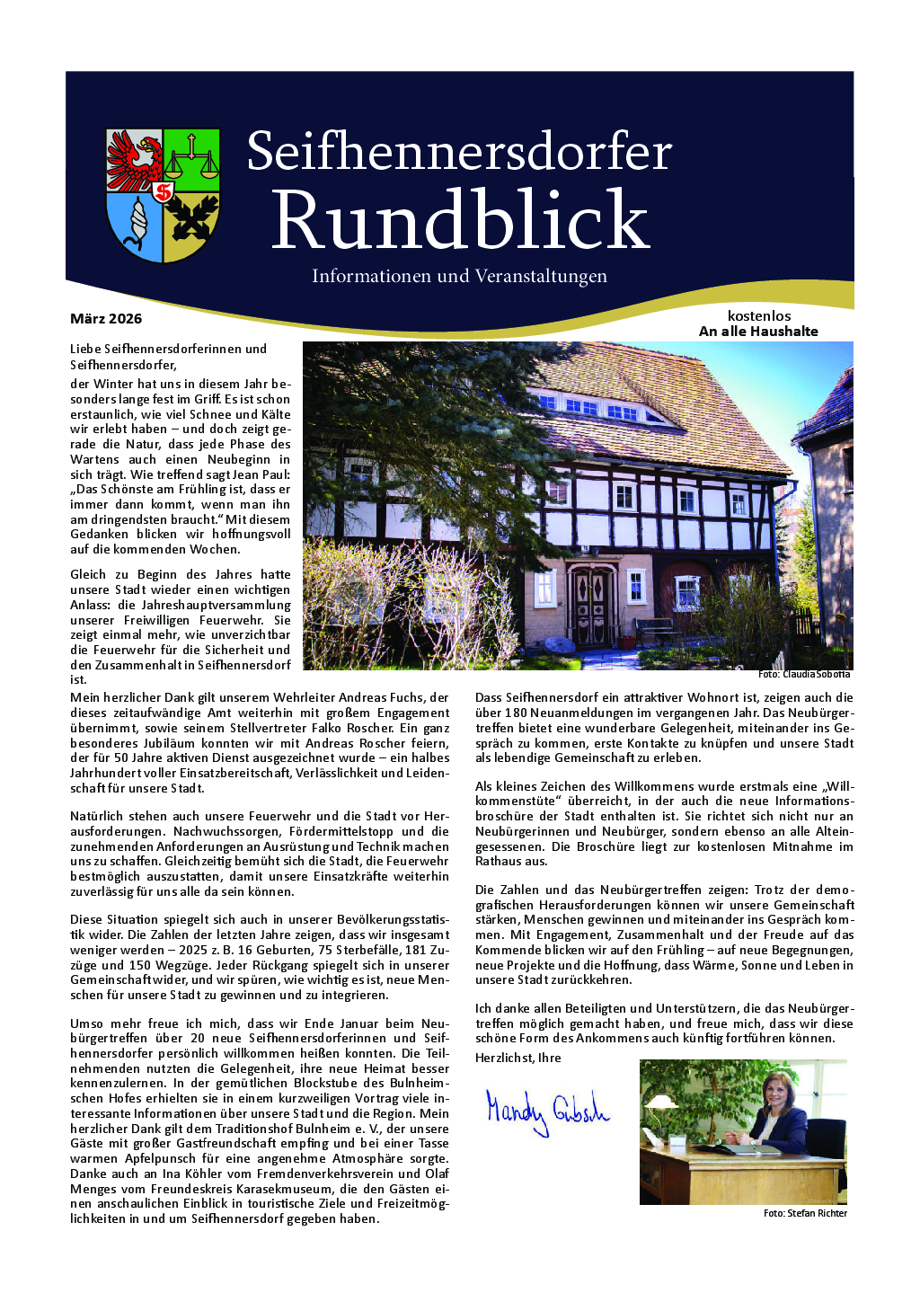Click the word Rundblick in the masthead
point(459,220)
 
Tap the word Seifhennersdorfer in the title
point(459,152)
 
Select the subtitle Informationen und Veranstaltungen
point(459,276)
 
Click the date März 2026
point(106,319)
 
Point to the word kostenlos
point(759,315)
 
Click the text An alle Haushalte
point(758,332)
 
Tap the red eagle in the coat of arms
point(135,161)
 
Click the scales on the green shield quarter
point(191,160)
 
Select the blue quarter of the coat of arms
point(134,226)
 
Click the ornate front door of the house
point(591,604)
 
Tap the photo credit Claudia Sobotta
point(804,674)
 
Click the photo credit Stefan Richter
point(805,1213)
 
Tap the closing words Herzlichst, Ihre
point(517,1058)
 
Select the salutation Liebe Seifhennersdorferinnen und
point(168,349)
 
